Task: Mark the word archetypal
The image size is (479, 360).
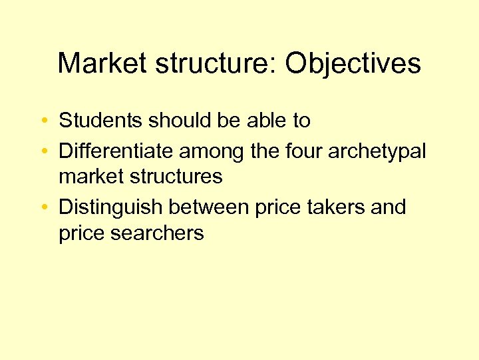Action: (x=377, y=151)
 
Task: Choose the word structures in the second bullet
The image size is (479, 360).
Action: (x=180, y=177)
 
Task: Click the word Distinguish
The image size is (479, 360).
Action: (x=110, y=207)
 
